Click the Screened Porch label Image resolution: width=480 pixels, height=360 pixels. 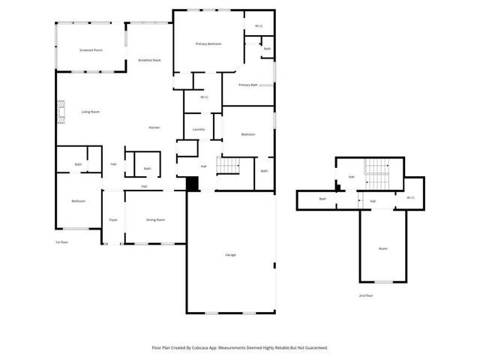click(91, 50)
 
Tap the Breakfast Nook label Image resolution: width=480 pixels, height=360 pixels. click(149, 60)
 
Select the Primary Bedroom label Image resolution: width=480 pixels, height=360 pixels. click(208, 44)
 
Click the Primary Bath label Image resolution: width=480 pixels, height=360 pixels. click(248, 85)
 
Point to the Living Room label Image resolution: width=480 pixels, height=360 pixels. click(91, 112)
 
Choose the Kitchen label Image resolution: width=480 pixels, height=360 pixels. click(154, 127)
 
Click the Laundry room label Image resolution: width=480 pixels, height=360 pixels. click(199, 130)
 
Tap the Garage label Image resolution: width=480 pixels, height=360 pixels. click(230, 255)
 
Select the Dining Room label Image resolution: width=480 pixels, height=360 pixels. click(155, 220)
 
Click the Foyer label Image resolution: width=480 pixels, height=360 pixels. click(113, 220)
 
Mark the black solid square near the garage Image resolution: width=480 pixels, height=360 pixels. click(192, 184)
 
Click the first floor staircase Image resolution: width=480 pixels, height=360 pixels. click(229, 165)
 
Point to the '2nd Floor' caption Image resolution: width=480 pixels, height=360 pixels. click(366, 296)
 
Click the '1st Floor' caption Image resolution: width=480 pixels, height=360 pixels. click(61, 242)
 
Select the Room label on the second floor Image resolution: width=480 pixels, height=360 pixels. click(382, 248)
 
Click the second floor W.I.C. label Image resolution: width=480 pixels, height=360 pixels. click(410, 197)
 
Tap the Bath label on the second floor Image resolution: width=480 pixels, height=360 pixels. click(322, 199)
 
